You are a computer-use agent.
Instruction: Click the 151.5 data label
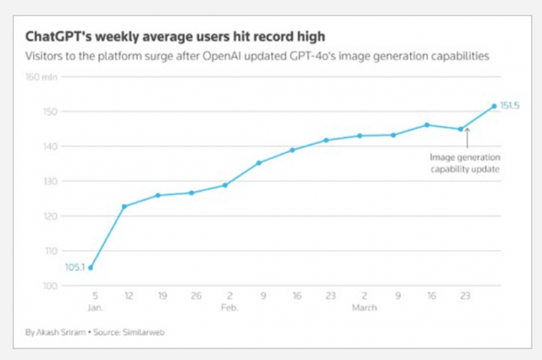point(510,105)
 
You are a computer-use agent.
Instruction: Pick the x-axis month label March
point(365,310)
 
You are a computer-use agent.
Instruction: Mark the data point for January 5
point(91,268)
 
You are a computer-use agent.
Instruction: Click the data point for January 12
point(124,206)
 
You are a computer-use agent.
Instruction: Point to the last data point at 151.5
point(495,106)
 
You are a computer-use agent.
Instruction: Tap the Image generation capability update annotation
point(464,163)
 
